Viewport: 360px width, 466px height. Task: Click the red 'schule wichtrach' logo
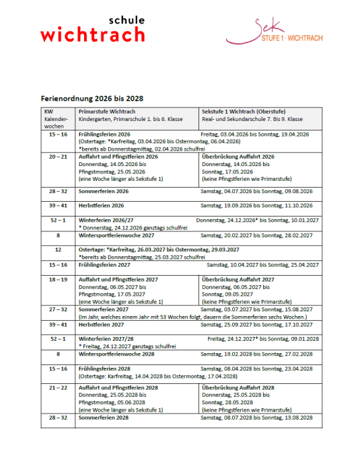click(93, 30)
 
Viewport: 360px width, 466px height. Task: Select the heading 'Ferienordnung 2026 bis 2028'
click(92, 98)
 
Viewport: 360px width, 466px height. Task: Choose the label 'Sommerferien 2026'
click(104, 192)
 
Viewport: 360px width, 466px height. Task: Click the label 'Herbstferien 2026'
click(102, 205)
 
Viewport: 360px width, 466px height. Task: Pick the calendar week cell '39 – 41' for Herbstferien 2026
click(58, 205)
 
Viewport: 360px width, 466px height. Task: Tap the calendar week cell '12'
click(58, 249)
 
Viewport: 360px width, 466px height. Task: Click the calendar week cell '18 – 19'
click(58, 279)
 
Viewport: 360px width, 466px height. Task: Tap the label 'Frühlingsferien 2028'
click(105, 369)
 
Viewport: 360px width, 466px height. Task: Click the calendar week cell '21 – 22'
click(58, 388)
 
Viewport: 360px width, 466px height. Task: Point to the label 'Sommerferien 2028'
click(104, 418)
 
